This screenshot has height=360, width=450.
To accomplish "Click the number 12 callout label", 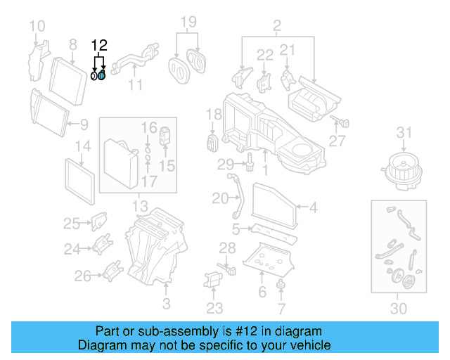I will tap(99, 46).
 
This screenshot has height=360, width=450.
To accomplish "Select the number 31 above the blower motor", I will tap(403, 132).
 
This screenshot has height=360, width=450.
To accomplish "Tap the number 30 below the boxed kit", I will tap(399, 308).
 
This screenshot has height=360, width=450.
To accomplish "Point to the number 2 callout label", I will tap(277, 27).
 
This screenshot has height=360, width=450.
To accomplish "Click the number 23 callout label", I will tap(214, 307).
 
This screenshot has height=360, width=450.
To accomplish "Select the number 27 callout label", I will tap(338, 141).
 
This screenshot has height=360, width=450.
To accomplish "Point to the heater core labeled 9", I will tap(49, 111).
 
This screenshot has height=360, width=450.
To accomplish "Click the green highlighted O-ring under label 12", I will tap(102, 75).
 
